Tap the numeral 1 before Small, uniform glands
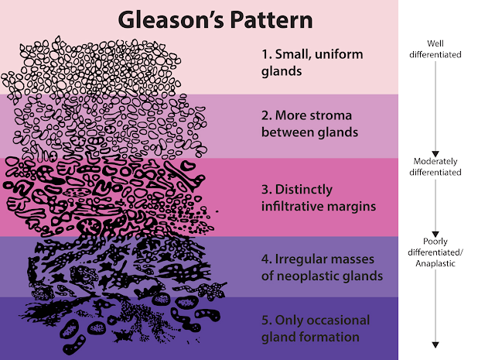pos(264,55)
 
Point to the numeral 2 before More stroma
pos(265,115)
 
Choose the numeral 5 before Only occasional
pos(265,320)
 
